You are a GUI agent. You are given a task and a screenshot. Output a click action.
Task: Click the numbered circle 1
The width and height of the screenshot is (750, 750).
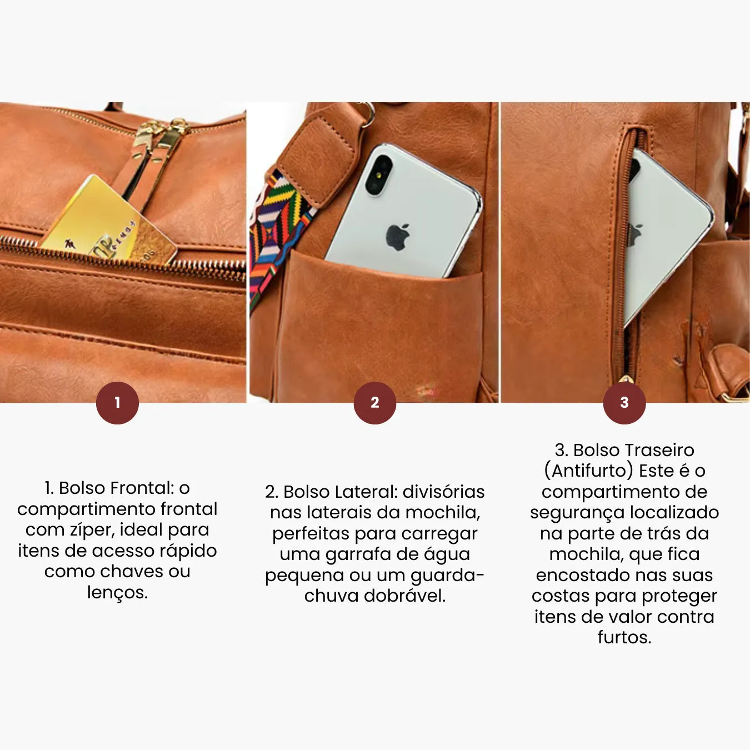point(117,403)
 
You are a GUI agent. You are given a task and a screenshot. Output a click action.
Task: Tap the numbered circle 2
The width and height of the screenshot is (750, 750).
point(375,403)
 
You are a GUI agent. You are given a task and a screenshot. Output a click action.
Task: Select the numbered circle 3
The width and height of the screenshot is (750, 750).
point(624,403)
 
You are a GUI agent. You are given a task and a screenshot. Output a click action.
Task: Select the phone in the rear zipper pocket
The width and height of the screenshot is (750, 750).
point(667,233)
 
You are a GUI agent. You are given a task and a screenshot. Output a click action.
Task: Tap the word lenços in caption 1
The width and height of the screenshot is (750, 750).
point(117,592)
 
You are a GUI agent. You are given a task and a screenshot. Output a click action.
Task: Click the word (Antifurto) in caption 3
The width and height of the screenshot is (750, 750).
point(588,471)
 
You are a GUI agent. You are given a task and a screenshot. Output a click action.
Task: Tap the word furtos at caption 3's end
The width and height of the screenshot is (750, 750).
point(624,637)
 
